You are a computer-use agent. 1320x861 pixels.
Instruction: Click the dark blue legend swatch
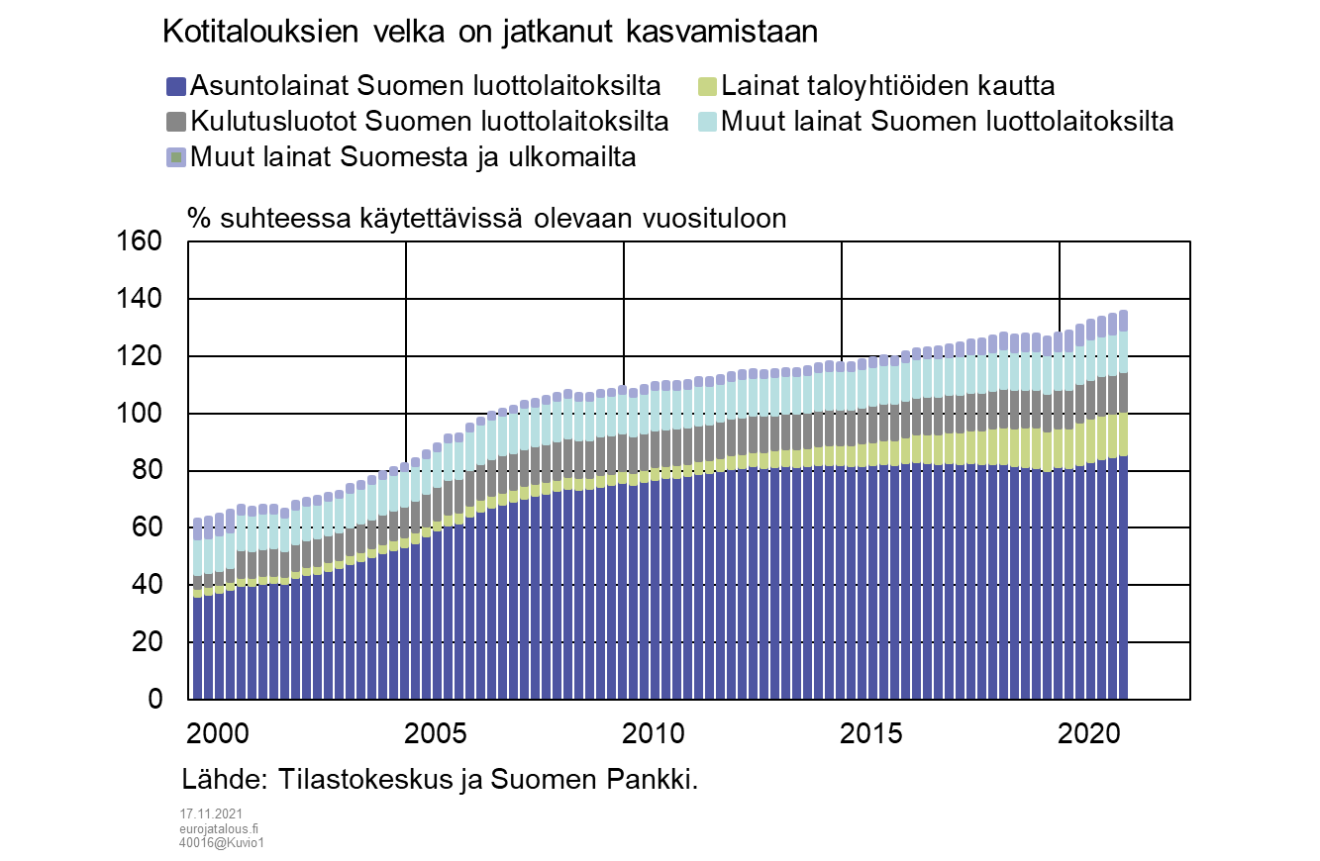(176, 87)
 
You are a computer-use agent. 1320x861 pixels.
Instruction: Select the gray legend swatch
(176, 122)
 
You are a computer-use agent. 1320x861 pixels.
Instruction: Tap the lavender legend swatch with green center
(176, 157)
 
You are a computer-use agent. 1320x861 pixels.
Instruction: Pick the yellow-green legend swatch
(707, 87)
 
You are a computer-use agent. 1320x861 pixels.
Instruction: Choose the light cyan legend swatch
(707, 122)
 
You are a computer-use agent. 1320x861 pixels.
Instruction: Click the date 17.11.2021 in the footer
(211, 813)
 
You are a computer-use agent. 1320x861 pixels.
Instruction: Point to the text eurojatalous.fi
(219, 828)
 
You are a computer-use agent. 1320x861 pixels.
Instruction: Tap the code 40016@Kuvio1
(222, 843)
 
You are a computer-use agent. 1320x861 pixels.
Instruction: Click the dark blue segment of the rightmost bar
(1123, 574)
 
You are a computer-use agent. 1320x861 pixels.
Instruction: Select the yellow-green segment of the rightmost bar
(1123, 434)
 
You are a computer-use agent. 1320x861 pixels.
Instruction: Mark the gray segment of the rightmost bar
(1123, 393)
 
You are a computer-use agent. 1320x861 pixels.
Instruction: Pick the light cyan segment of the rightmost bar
(1123, 352)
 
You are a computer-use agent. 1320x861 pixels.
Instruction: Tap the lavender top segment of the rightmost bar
(1123, 321)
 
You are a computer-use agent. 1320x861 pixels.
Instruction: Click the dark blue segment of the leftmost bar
(198, 648)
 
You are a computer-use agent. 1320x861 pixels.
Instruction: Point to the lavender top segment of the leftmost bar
(198, 528)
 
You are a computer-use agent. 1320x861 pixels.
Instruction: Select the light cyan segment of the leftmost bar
(198, 558)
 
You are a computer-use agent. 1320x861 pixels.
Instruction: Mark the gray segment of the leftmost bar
(198, 583)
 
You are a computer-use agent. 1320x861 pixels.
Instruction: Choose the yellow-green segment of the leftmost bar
(198, 594)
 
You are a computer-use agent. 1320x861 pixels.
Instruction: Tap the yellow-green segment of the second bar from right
(1112, 436)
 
